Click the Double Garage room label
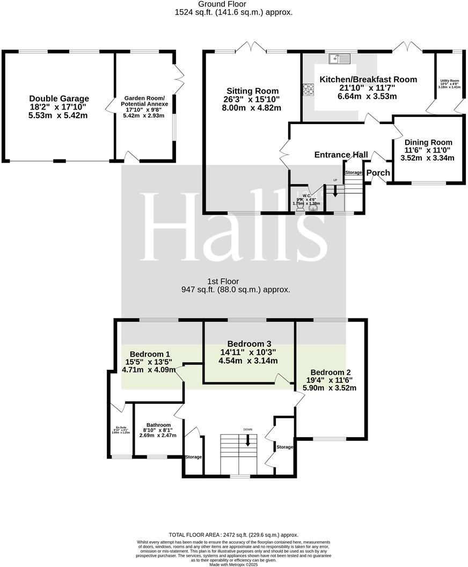click(59, 99)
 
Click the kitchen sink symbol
click(340, 57)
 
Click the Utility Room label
click(449, 81)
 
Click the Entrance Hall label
click(341, 155)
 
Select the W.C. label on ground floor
click(306, 195)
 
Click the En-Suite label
click(119, 428)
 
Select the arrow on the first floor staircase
click(247, 440)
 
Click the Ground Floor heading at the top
click(233, 4)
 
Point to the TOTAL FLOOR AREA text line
click(233, 535)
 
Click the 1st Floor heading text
click(223, 281)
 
